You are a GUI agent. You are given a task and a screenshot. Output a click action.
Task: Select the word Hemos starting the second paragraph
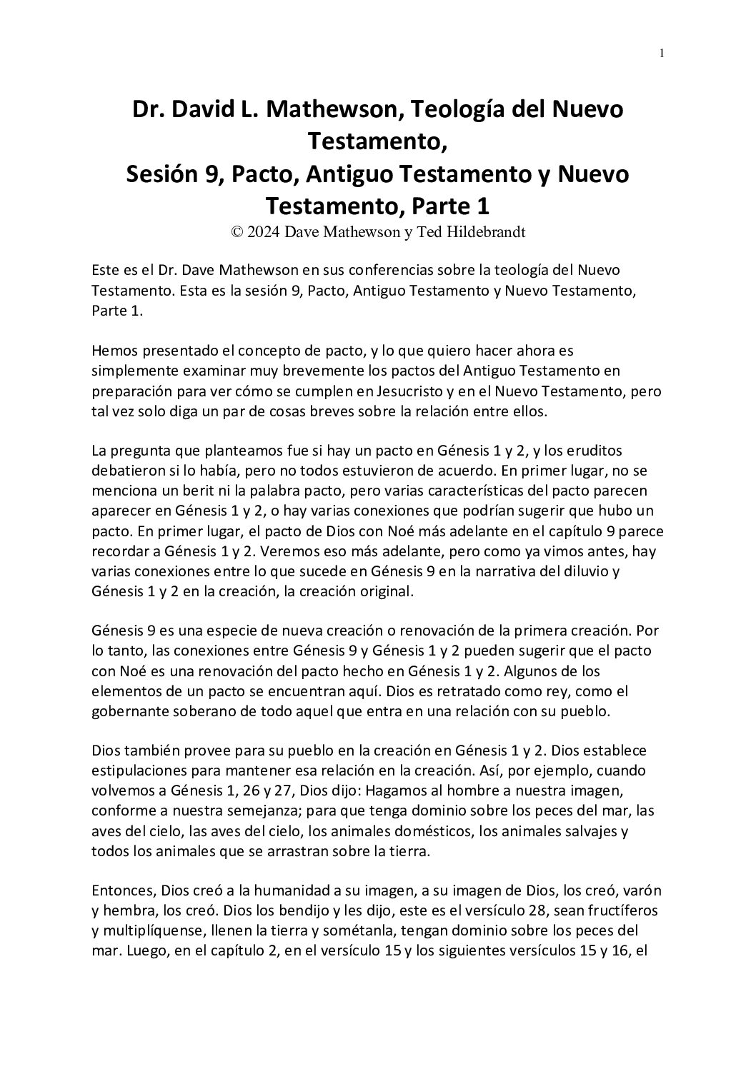point(115,351)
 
